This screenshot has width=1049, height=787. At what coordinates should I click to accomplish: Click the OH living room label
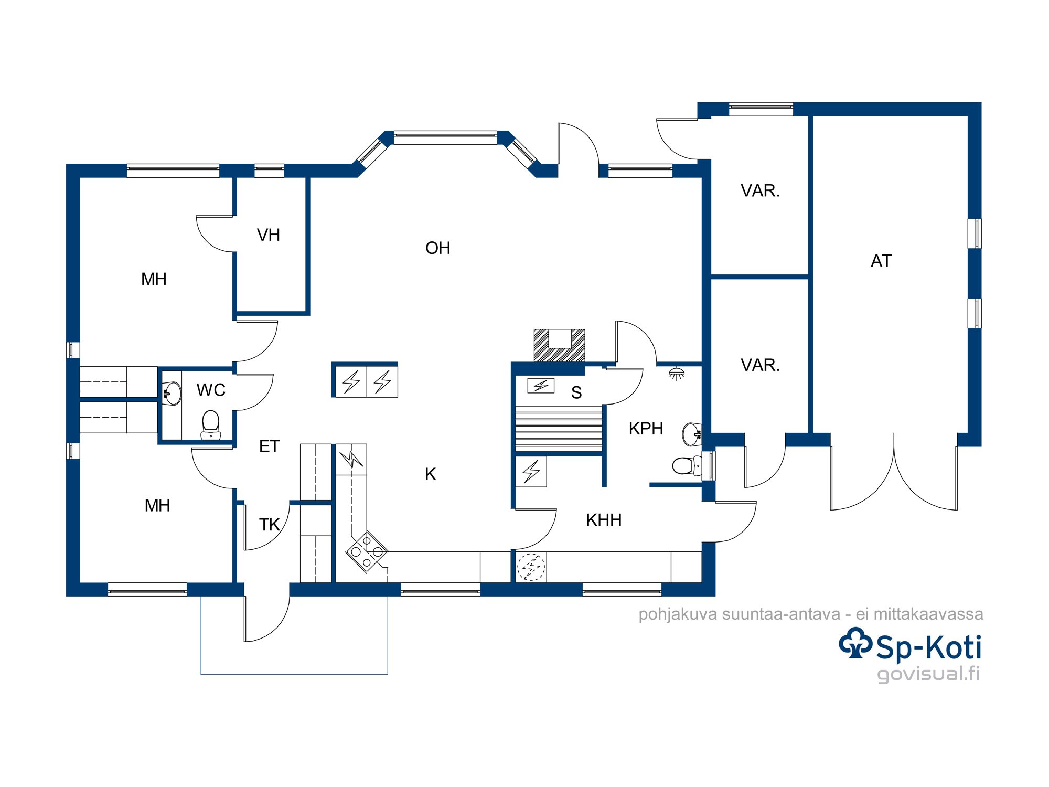(x=437, y=248)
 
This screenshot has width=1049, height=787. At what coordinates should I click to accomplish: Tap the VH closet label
(x=268, y=235)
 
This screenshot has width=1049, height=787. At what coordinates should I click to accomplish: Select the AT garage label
(x=881, y=261)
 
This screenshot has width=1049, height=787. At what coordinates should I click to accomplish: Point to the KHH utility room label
(x=604, y=520)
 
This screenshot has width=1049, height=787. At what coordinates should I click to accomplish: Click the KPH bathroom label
(x=646, y=428)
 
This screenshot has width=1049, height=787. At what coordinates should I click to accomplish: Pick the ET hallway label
(x=269, y=446)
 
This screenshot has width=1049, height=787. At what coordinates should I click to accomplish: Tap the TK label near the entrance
(x=270, y=524)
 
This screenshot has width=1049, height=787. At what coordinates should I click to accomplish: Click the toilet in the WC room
(x=211, y=424)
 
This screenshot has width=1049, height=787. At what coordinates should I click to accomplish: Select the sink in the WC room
(x=172, y=393)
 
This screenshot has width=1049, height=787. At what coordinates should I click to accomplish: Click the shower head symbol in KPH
(x=677, y=373)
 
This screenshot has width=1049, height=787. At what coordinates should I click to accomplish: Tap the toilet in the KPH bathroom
(x=687, y=465)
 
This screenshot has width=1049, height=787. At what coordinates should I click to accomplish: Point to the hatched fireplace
(x=559, y=345)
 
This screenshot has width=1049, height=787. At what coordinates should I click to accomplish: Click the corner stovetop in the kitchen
(x=367, y=551)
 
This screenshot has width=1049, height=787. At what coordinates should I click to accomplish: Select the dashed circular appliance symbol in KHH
(x=531, y=567)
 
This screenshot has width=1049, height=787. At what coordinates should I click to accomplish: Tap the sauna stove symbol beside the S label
(x=541, y=386)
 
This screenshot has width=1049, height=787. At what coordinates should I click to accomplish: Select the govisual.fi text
(x=928, y=674)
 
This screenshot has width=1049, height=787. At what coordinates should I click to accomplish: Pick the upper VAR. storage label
(x=760, y=190)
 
